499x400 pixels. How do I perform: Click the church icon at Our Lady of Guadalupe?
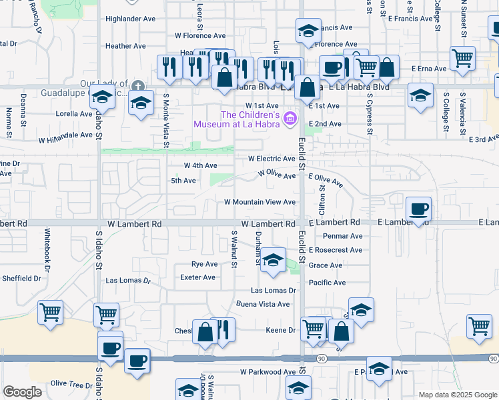tap(137, 85)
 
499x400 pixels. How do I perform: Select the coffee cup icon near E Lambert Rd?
tap(418, 209)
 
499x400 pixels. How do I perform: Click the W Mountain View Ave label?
tap(260, 201)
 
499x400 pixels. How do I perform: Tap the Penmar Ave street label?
tap(342, 236)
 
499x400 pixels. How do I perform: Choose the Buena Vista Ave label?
tap(263, 304)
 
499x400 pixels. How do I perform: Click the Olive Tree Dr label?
tap(71, 385)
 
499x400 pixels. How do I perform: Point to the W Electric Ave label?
tap(271, 159)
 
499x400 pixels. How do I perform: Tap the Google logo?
tap(22, 392)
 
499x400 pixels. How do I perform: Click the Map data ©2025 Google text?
tap(457, 395)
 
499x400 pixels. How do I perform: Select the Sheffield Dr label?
tap(23, 278)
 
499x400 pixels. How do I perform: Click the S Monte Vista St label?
tap(166, 120)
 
